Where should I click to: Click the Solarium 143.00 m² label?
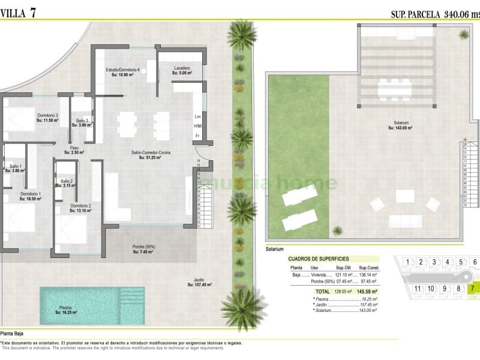coord(401,125)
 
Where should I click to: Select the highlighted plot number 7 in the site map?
coord(473,288)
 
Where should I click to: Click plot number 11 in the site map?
coord(418,288)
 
